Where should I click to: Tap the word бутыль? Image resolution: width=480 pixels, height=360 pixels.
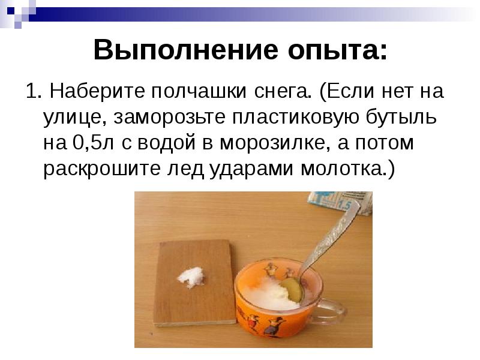coord(409,118)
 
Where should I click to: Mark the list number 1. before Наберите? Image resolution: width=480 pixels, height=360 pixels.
coord(32,92)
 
